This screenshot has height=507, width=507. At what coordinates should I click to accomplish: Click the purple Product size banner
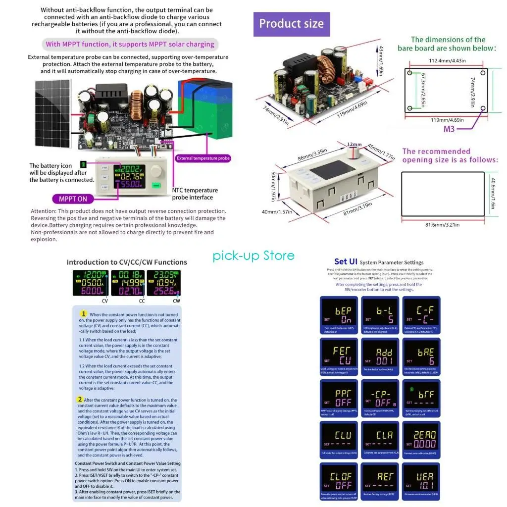coord(291,24)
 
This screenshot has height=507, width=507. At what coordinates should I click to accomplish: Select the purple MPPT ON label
coord(73,199)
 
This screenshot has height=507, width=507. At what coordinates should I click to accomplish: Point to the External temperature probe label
coord(203,158)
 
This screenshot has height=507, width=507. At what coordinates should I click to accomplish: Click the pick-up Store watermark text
coord(253,255)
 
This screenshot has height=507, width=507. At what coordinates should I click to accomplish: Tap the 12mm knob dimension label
coord(355,144)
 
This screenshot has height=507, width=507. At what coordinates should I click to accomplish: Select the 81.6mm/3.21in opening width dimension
coord(443,225)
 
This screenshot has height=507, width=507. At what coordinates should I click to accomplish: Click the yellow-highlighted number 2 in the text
coord(80,400)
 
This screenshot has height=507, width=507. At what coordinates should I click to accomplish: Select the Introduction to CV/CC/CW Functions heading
coord(127,262)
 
